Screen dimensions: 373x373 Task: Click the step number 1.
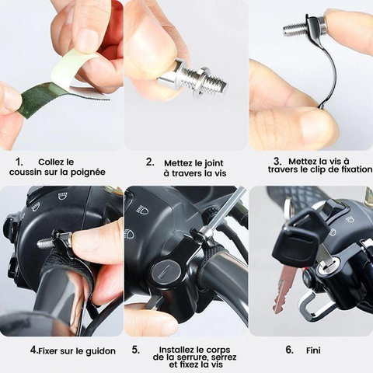19,162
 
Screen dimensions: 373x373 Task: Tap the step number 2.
150,162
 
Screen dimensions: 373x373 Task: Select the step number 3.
277,162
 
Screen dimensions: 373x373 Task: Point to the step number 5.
136,350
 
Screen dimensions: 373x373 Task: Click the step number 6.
289,350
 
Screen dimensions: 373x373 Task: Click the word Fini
313,350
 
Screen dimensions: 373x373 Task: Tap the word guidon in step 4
101,351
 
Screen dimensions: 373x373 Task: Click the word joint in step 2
214,163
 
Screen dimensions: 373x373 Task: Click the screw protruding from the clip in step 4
45,243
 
